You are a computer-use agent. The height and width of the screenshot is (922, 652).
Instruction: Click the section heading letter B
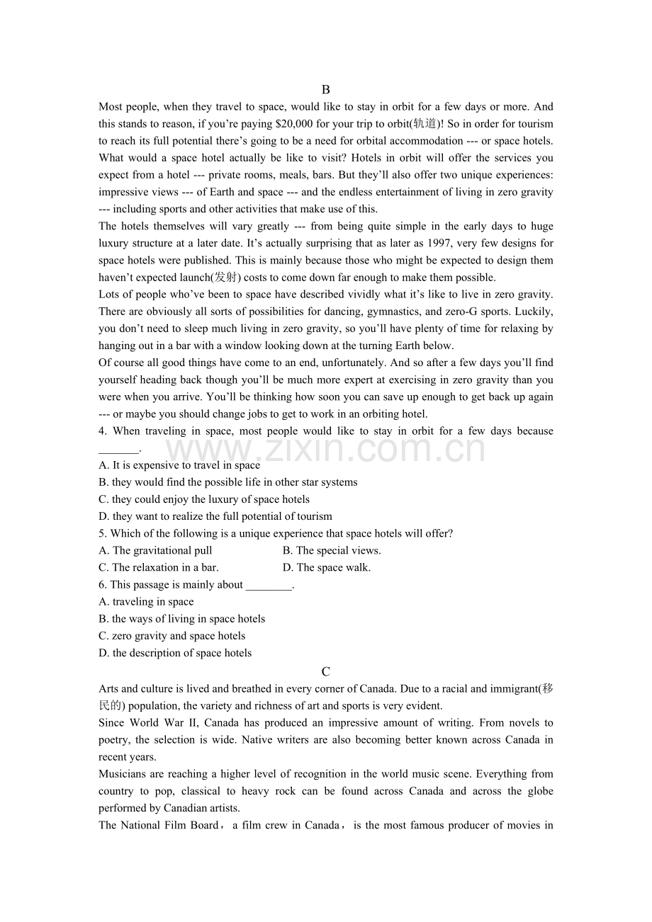325,90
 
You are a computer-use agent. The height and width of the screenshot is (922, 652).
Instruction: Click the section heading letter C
325,671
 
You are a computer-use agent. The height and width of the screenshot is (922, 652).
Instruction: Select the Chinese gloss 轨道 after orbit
423,124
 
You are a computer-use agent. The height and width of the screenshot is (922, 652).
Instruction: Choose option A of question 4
179,465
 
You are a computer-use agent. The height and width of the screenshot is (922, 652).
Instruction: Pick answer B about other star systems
227,482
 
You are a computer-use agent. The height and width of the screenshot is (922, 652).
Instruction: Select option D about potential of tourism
215,516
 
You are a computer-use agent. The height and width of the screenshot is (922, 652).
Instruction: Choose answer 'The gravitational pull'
155,550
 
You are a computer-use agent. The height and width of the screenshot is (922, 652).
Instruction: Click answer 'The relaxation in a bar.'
159,567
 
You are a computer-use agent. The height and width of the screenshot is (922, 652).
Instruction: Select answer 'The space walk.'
327,567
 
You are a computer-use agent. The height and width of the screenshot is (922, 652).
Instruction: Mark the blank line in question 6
269,586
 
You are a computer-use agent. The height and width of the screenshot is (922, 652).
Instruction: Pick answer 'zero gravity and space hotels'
172,636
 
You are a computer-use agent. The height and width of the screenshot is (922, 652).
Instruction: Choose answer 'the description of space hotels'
175,653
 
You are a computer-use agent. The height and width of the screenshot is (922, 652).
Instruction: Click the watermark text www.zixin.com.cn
325,449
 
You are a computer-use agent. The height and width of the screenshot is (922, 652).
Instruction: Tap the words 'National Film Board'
169,825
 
